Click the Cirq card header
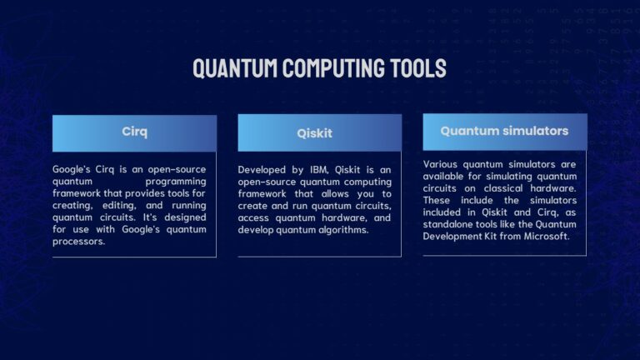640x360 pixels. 134,132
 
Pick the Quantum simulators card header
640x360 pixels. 504,131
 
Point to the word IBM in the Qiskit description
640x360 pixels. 318,170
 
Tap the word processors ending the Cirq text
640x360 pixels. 78,242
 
